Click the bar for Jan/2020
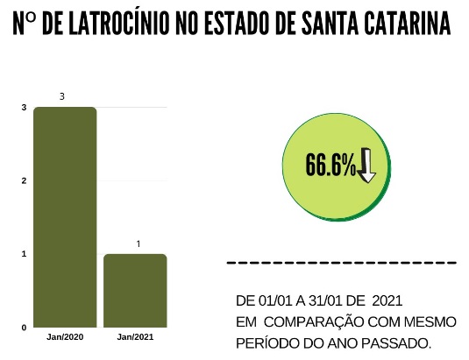[x=65, y=216]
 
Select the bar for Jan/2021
[x=135, y=290]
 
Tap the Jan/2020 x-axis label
[x=65, y=336]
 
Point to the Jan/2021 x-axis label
[x=135, y=336]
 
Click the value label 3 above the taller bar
[x=61, y=95]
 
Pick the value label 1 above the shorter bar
[x=137, y=243]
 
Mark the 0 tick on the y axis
[x=24, y=328]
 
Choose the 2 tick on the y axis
[x=24, y=180]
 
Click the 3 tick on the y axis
[x=24, y=108]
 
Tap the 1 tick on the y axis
[x=24, y=254]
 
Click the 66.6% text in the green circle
[x=330, y=165]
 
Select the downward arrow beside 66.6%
[x=366, y=165]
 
